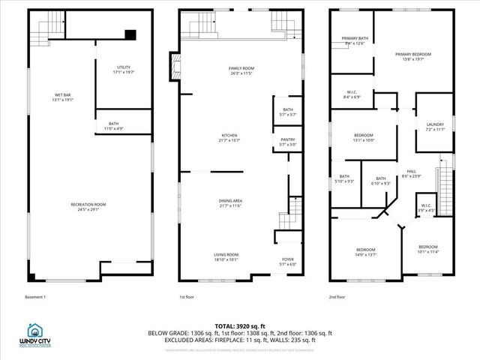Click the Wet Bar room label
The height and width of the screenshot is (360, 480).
(x=63, y=97)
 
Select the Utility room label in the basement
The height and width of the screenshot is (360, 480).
(x=124, y=70)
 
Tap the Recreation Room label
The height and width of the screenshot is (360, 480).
(x=88, y=207)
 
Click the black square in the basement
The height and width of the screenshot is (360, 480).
(x=130, y=34)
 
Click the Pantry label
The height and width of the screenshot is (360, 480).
(x=288, y=142)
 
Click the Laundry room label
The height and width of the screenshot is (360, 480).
(x=435, y=127)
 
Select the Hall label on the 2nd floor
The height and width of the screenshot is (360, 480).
(x=412, y=173)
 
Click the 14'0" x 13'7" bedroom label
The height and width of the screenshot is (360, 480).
(x=366, y=251)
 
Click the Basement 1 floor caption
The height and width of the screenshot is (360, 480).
(x=35, y=297)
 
